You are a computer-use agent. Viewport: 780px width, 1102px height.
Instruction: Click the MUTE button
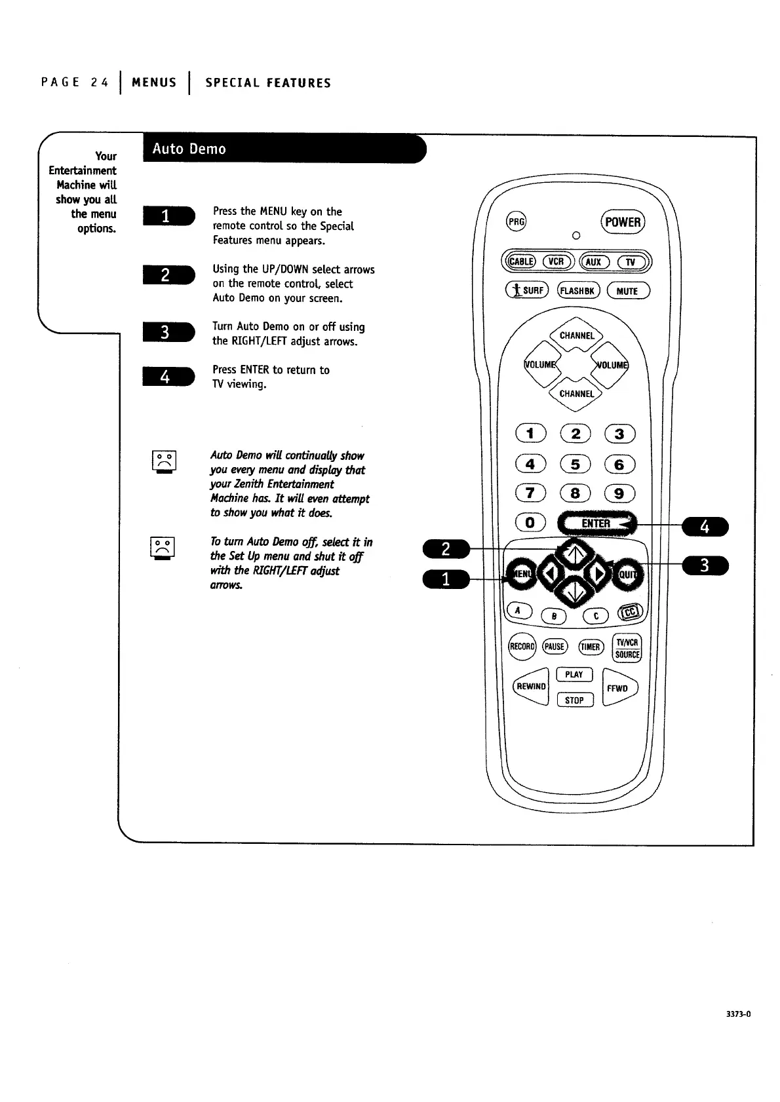pyautogui.click(x=628, y=291)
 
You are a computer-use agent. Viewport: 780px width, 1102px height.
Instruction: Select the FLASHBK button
pyautogui.click(x=577, y=291)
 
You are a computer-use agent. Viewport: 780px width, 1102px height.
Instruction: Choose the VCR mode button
pyautogui.click(x=556, y=261)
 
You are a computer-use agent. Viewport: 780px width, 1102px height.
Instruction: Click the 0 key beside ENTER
pyautogui.click(x=530, y=523)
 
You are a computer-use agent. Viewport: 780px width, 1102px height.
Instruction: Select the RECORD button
pyautogui.click(x=522, y=646)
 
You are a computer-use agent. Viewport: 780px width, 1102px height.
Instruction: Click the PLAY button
pyautogui.click(x=574, y=675)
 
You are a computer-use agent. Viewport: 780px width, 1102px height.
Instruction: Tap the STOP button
pyautogui.click(x=574, y=700)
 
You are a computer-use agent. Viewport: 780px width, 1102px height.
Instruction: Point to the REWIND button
pyautogui.click(x=530, y=687)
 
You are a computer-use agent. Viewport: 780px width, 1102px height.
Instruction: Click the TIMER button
pyautogui.click(x=591, y=647)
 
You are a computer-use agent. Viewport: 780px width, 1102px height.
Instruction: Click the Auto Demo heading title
pyautogui.click(x=189, y=149)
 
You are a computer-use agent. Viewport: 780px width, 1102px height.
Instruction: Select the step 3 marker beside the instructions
pyautogui.click(x=167, y=333)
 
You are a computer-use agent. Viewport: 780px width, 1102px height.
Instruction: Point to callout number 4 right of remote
pyautogui.click(x=705, y=527)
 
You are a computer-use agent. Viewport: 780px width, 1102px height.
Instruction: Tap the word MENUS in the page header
pyautogui.click(x=154, y=83)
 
